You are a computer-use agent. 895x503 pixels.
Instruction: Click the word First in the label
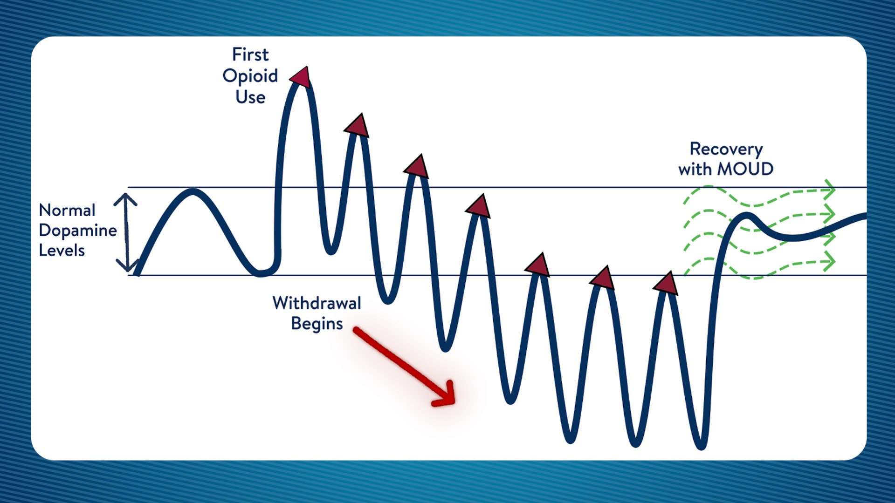pyautogui.click(x=250, y=54)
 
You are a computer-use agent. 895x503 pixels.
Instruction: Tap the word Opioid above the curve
pyautogui.click(x=250, y=76)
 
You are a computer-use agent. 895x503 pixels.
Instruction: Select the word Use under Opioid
pyautogui.click(x=250, y=97)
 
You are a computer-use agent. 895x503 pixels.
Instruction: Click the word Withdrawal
pyautogui.click(x=317, y=303)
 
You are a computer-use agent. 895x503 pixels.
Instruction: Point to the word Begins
pyautogui.click(x=317, y=324)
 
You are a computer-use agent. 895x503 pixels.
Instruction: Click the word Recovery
pyautogui.click(x=726, y=149)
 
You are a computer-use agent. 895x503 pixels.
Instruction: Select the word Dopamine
pyautogui.click(x=78, y=231)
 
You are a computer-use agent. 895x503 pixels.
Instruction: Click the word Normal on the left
pyautogui.click(x=67, y=211)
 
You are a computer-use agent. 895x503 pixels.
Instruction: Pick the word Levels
pyautogui.click(x=62, y=251)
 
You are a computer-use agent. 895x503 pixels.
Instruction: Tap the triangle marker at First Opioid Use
pyautogui.click(x=301, y=77)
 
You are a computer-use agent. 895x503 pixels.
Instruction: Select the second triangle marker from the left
pyautogui.click(x=358, y=126)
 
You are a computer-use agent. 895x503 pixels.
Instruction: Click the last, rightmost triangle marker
pyautogui.click(x=667, y=284)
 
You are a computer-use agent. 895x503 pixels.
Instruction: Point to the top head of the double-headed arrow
pyautogui.click(x=125, y=199)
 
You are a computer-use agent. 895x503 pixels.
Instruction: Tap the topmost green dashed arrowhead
pyautogui.click(x=829, y=190)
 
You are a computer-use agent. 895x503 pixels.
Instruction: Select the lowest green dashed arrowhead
pyautogui.click(x=829, y=261)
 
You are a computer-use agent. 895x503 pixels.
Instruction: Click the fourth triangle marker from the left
pyautogui.click(x=479, y=206)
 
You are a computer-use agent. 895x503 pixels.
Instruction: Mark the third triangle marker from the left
pyautogui.click(x=417, y=167)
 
